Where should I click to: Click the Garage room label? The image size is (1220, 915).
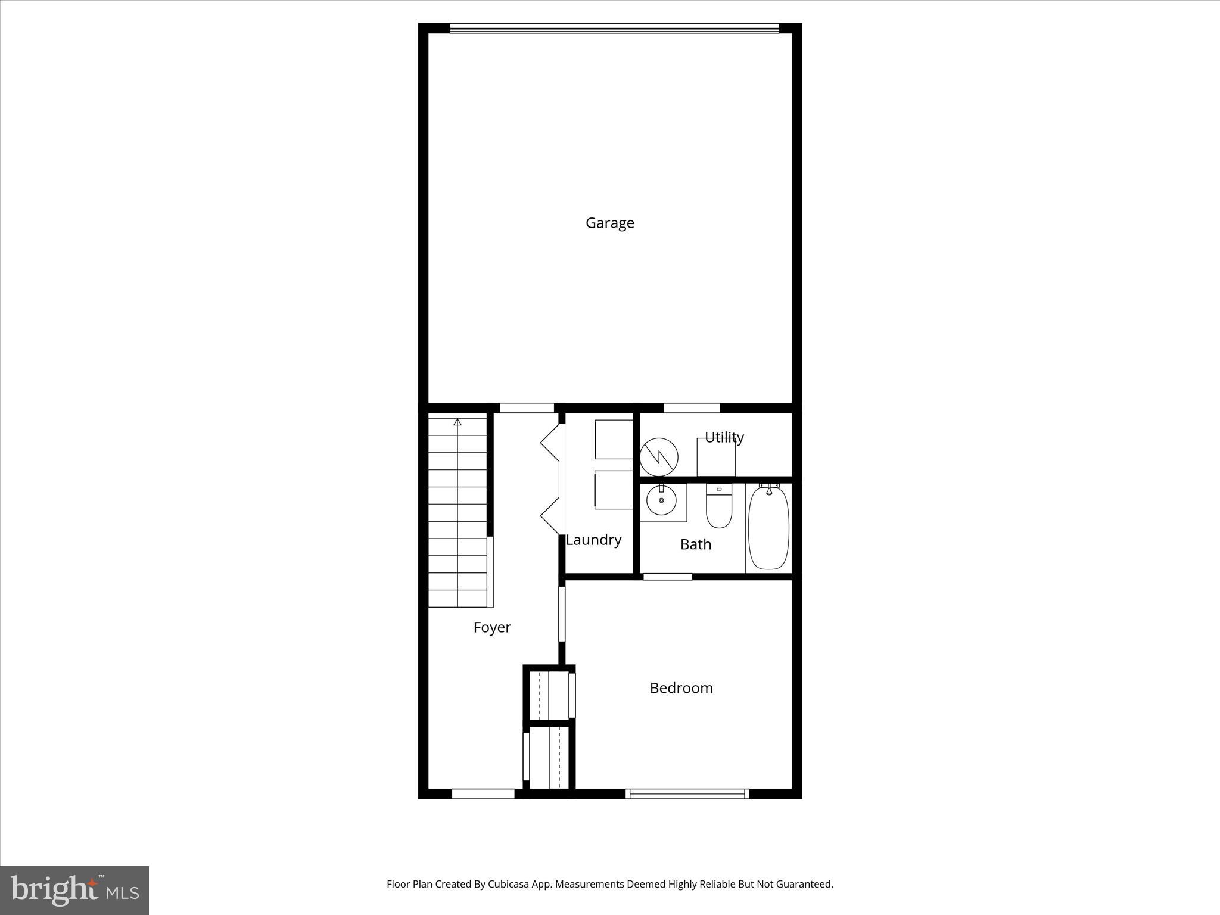[609, 223]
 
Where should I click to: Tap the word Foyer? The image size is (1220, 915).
[492, 627]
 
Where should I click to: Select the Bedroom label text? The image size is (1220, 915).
[681, 688]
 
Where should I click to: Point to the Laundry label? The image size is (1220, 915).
[593, 540]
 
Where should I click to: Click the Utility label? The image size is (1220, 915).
[724, 437]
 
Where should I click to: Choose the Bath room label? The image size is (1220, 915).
[695, 544]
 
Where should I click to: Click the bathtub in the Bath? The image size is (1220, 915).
[768, 527]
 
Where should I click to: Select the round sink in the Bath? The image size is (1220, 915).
[661, 500]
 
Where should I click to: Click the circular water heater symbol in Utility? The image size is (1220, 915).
[659, 457]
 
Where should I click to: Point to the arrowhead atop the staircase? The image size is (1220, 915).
[457, 422]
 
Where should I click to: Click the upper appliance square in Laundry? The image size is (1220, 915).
[614, 439]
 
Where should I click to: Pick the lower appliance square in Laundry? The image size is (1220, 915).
[614, 490]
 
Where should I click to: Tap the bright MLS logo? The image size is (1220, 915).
[74, 891]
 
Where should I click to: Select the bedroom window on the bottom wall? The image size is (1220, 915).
[687, 793]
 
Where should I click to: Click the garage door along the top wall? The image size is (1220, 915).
[614, 28]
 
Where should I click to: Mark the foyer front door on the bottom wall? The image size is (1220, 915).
[483, 793]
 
